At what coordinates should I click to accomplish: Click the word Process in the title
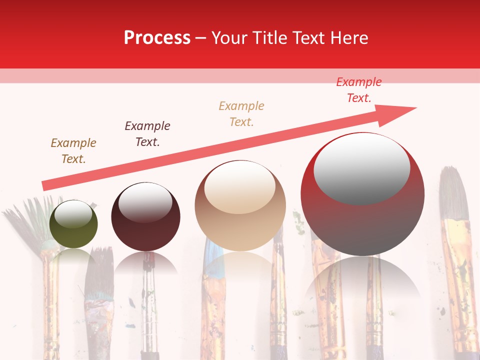(x=157, y=37)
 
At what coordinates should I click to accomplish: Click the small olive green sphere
(x=73, y=224)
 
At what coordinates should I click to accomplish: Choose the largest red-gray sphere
(x=362, y=195)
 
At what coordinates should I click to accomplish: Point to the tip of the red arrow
(x=415, y=107)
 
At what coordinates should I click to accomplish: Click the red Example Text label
(x=359, y=90)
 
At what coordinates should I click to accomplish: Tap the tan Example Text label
(x=241, y=113)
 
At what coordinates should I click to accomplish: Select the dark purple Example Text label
(x=147, y=133)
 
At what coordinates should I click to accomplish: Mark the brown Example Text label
(x=73, y=150)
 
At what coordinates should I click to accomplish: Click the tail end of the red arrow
(x=45, y=185)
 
